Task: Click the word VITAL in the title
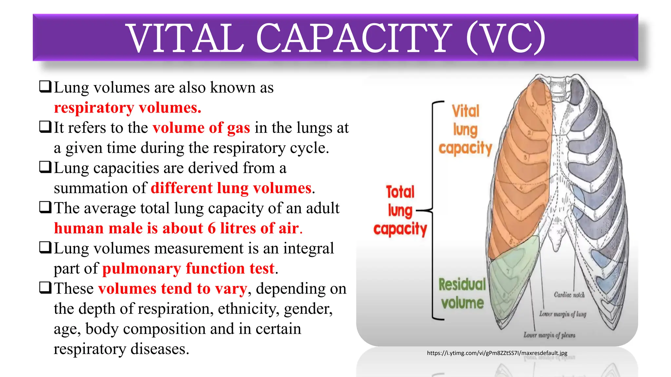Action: [185, 38]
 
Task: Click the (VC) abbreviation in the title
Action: [506, 38]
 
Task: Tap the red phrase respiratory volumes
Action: [127, 108]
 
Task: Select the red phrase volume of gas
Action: [201, 128]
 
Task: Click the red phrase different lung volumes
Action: [231, 188]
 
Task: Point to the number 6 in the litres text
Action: [212, 228]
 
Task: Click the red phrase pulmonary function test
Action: [188, 268]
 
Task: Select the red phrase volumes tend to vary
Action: [172, 289]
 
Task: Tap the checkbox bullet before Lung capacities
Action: [45, 167]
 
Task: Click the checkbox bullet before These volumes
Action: [45, 288]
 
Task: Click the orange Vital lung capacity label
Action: [465, 130]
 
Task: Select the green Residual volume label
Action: [462, 294]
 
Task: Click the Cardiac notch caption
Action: [569, 295]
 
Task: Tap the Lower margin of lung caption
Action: [563, 314]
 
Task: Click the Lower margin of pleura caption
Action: [549, 335]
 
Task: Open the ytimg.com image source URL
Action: [497, 353]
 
